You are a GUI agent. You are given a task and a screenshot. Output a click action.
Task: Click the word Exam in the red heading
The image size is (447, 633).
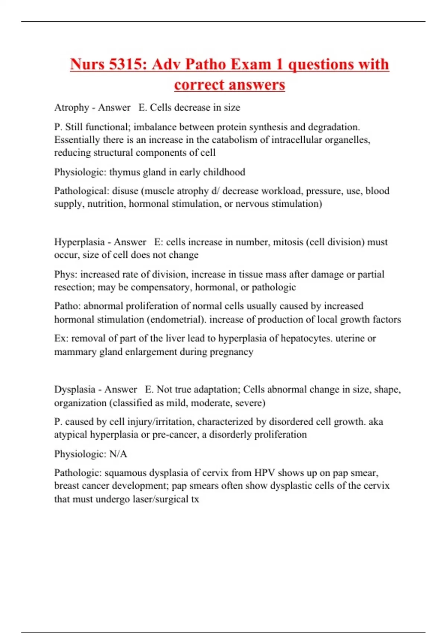251,64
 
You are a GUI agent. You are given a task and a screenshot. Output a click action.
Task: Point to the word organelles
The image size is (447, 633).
345,140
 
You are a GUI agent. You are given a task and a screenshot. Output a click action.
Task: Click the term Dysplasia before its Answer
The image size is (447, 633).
74,389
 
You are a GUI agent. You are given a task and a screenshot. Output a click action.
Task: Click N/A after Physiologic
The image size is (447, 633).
118,454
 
